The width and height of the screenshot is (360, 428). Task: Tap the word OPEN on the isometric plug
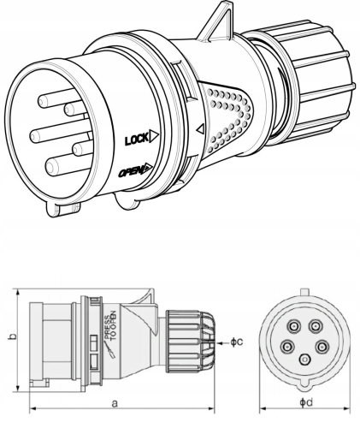click(133, 171)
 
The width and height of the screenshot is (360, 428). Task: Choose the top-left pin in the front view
click(294, 326)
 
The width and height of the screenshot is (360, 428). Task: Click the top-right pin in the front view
click(316, 326)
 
